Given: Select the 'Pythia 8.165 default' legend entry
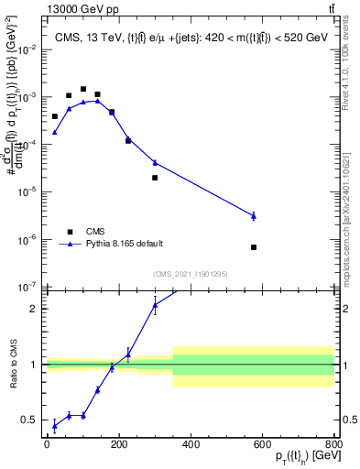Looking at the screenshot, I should [x=125, y=245].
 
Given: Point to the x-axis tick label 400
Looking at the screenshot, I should [x=191, y=445].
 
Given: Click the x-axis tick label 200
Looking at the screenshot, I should [x=118, y=445].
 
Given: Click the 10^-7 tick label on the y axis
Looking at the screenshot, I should [x=28, y=287].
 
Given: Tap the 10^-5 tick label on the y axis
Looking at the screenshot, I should [x=28, y=191].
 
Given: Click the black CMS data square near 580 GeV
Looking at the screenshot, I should [x=254, y=247].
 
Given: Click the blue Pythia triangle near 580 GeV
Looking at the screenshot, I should [x=254, y=215].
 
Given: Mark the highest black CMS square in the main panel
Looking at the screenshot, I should [x=83, y=90].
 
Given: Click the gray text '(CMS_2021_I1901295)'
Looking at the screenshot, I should [x=191, y=274].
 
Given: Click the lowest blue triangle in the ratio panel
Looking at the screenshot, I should [x=54, y=425].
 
